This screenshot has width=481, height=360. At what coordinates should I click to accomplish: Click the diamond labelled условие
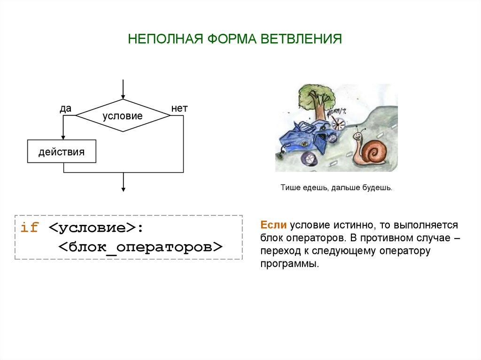[x=123, y=116]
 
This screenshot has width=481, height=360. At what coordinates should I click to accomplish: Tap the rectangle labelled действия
[x=62, y=152]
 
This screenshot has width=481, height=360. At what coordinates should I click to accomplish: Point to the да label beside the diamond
[x=65, y=109]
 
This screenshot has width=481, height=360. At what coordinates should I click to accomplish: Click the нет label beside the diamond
[x=179, y=109]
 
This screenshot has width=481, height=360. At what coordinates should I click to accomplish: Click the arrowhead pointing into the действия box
[x=63, y=137]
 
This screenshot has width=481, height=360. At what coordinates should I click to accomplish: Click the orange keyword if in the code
[x=29, y=228]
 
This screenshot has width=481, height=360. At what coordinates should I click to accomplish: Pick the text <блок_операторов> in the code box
[x=140, y=247]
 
